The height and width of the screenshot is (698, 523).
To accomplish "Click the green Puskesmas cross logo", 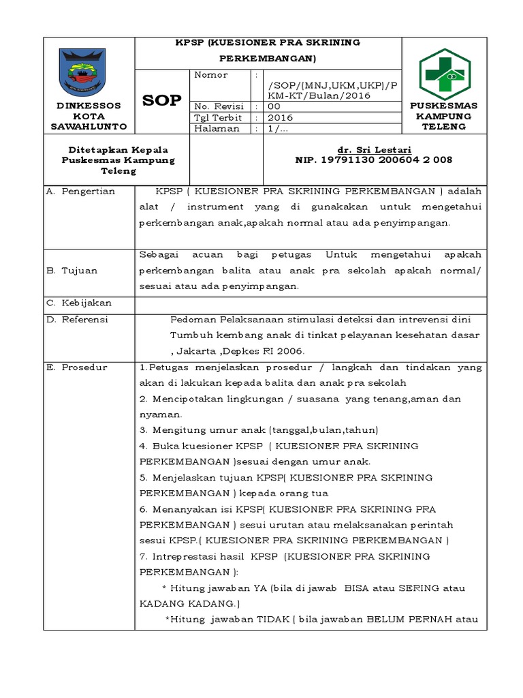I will [x=444, y=73].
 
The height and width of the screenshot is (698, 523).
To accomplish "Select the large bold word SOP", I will [x=162, y=101].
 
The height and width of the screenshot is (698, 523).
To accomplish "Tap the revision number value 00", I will [x=274, y=106].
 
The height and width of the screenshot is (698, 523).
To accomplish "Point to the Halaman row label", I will [x=217, y=128].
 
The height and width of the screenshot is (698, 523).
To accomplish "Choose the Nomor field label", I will [x=211, y=75].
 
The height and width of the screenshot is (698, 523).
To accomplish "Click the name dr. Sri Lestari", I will [x=374, y=149].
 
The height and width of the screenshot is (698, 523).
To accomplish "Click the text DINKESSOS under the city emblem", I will [x=89, y=106].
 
